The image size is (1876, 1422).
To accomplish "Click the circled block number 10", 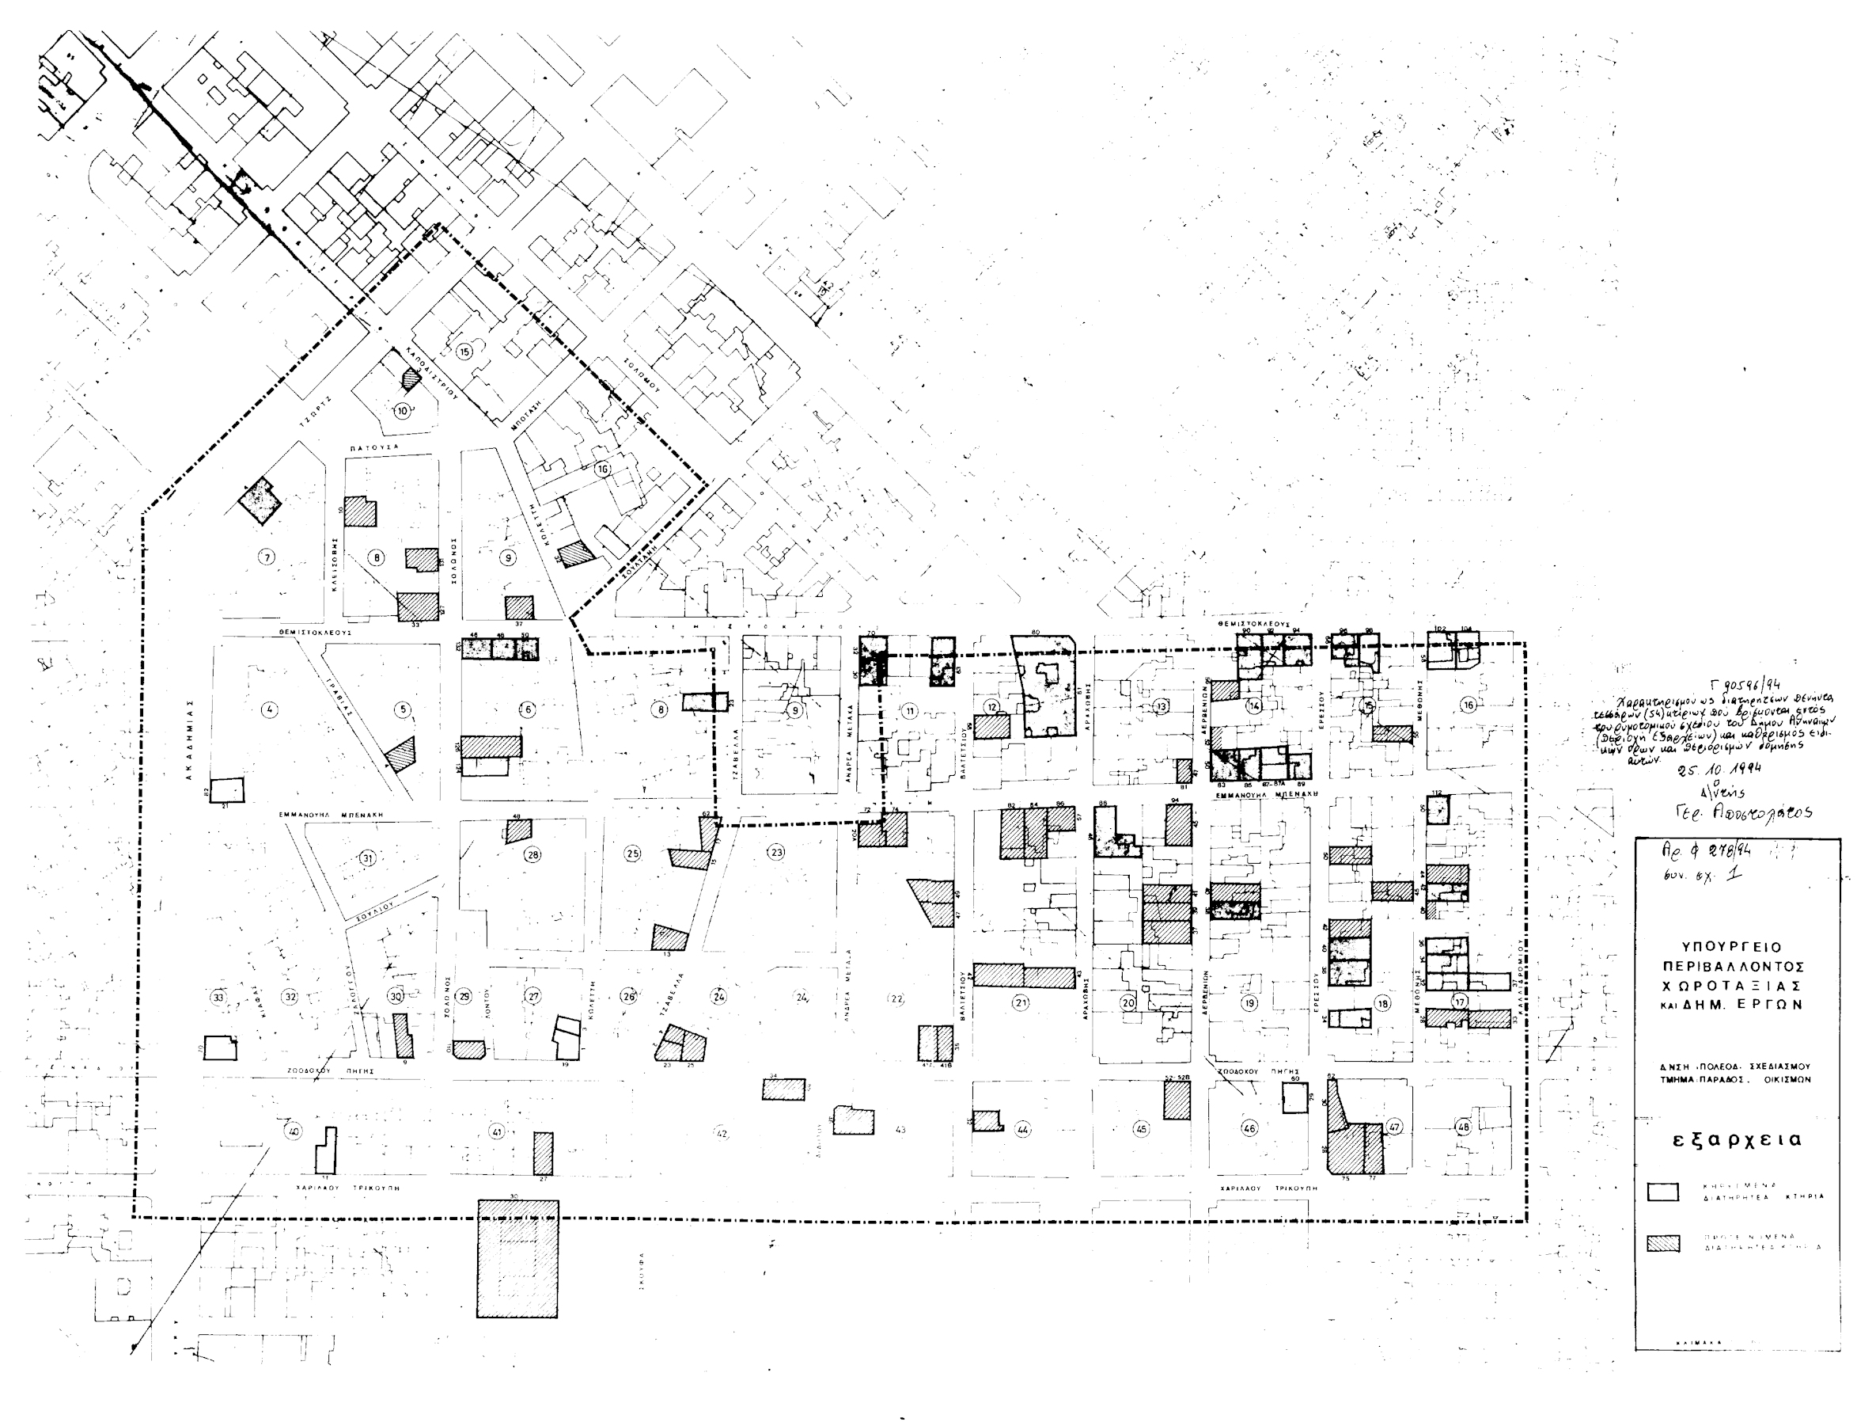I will pyautogui.click(x=402, y=411).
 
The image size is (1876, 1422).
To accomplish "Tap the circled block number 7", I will pyautogui.click(x=267, y=557).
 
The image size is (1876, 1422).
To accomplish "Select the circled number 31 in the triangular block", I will pyautogui.click(x=367, y=858).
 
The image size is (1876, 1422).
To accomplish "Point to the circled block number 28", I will pyautogui.click(x=532, y=854).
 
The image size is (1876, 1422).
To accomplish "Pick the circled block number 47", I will pyautogui.click(x=1394, y=1127).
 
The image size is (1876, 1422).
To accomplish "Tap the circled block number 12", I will pyautogui.click(x=991, y=706).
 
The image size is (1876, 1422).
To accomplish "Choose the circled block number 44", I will pyautogui.click(x=1023, y=1130).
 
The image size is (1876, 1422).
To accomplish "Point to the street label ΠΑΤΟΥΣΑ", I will pyautogui.click(x=373, y=447).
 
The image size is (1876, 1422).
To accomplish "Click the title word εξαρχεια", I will pyautogui.click(x=1737, y=1139).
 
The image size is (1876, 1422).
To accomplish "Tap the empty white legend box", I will pyautogui.click(x=1663, y=1192).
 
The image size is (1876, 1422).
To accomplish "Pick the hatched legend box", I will pyautogui.click(x=1663, y=1243).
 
